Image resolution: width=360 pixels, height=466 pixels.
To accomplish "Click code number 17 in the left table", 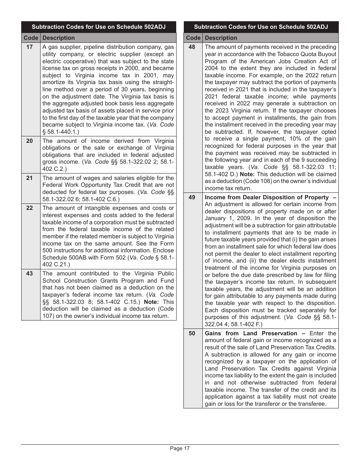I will click(30, 47).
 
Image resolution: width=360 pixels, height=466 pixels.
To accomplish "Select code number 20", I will click(30, 141).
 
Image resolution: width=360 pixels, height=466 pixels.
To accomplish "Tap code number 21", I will click(30, 178).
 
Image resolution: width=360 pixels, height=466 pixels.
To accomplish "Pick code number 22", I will click(30, 208).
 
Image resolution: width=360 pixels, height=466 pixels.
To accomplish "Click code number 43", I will click(30, 274).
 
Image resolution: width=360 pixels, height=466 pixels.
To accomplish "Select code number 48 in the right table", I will click(192, 47).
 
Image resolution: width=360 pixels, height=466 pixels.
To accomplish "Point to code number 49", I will click(192, 197).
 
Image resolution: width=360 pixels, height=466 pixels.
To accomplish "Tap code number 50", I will click(192, 333).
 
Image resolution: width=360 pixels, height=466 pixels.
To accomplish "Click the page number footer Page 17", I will click(180, 449).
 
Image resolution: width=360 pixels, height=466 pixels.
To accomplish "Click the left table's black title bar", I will click(99, 27).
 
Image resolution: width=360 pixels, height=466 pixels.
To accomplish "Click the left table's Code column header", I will click(31, 38).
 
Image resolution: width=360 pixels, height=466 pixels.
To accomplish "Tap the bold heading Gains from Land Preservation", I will click(251, 333).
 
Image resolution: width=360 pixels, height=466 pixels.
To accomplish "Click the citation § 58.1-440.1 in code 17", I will click(61, 131).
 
